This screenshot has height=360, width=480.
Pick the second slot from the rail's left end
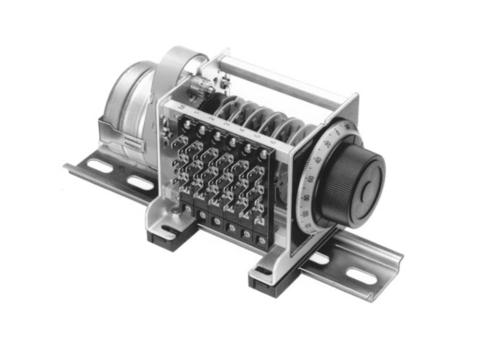[141, 184]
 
